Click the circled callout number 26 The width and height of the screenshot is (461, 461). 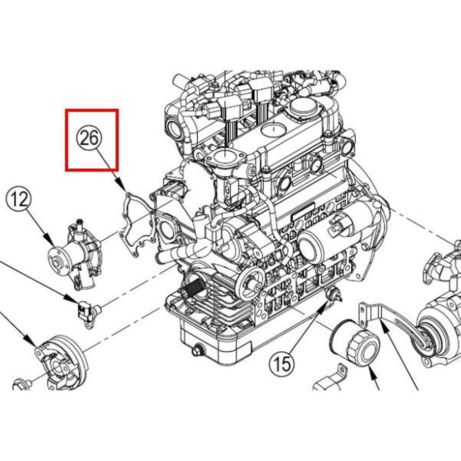[x=89, y=138]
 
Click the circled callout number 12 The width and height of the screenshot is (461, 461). [x=18, y=199]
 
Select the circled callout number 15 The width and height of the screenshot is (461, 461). [x=282, y=364]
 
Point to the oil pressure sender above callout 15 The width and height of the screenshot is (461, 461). [x=333, y=294]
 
